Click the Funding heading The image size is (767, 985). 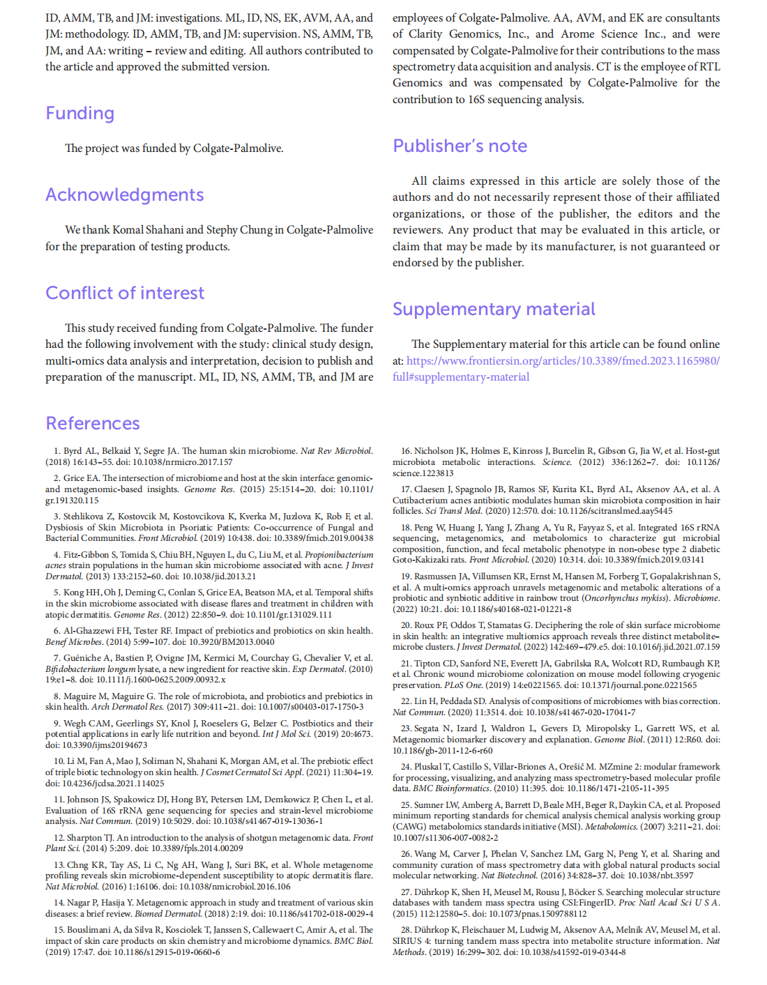[79, 114]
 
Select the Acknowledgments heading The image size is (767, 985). [125, 195]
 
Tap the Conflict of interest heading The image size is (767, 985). [125, 293]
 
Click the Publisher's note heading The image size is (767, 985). [460, 146]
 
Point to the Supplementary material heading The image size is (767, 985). [494, 310]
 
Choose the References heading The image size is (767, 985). [93, 424]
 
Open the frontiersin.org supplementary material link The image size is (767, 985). [563, 361]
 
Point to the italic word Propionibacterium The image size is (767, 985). [339, 555]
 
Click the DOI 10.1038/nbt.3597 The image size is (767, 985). [659, 876]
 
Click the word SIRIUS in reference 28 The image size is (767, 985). [407, 941]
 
